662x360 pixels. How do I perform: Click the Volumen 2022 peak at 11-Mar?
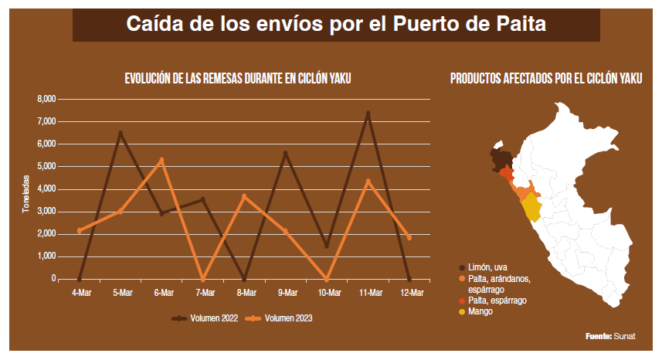pyautogui.click(x=368, y=114)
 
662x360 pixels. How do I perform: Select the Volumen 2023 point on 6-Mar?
pyautogui.click(x=161, y=160)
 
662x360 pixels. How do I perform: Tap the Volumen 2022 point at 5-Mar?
pyautogui.click(x=121, y=133)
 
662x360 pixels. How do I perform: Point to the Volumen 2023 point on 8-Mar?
pyautogui.click(x=244, y=196)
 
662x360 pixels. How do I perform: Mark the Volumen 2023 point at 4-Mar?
pyautogui.click(x=80, y=230)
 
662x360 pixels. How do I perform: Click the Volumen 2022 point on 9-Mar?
pyautogui.click(x=286, y=153)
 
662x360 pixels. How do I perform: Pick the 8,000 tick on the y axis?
pyautogui.click(x=46, y=100)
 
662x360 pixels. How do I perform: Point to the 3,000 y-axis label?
pyautogui.click(x=46, y=212)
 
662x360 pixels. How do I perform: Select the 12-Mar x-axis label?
pyautogui.click(x=410, y=293)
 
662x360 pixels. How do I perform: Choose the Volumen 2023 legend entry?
pyautogui.click(x=281, y=318)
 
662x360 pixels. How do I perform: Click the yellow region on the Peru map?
pyautogui.click(x=531, y=209)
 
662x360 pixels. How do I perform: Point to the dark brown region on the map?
pyautogui.click(x=501, y=158)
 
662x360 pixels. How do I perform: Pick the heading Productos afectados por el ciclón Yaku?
pyautogui.click(x=545, y=79)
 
